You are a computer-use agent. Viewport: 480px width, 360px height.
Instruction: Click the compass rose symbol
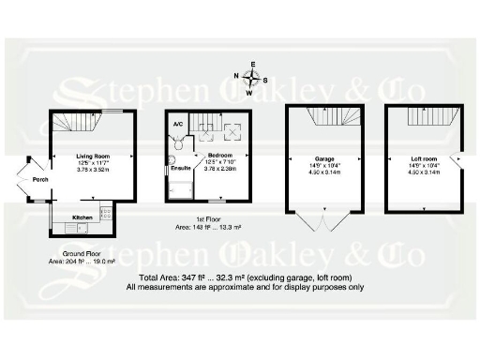click(x=251, y=79)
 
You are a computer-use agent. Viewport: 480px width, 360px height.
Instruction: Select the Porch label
click(x=39, y=179)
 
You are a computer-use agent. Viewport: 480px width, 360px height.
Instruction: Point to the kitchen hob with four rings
click(x=106, y=214)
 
